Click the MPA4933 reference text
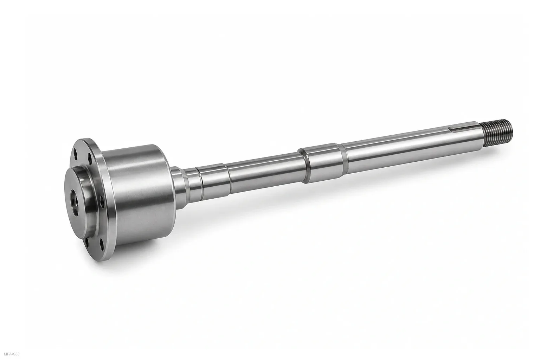click(12, 354)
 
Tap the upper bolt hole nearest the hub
click(90, 158)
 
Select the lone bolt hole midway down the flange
click(102, 202)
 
